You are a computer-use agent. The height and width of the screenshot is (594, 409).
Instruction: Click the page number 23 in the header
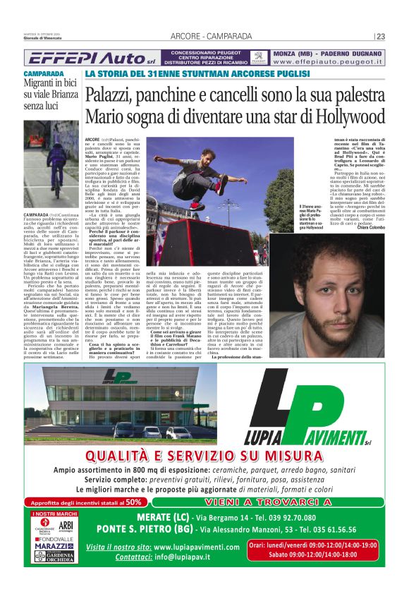point(381,37)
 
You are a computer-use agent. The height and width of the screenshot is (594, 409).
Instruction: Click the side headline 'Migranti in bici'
point(48,85)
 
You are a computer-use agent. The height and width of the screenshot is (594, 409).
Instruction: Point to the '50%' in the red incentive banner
point(133,502)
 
